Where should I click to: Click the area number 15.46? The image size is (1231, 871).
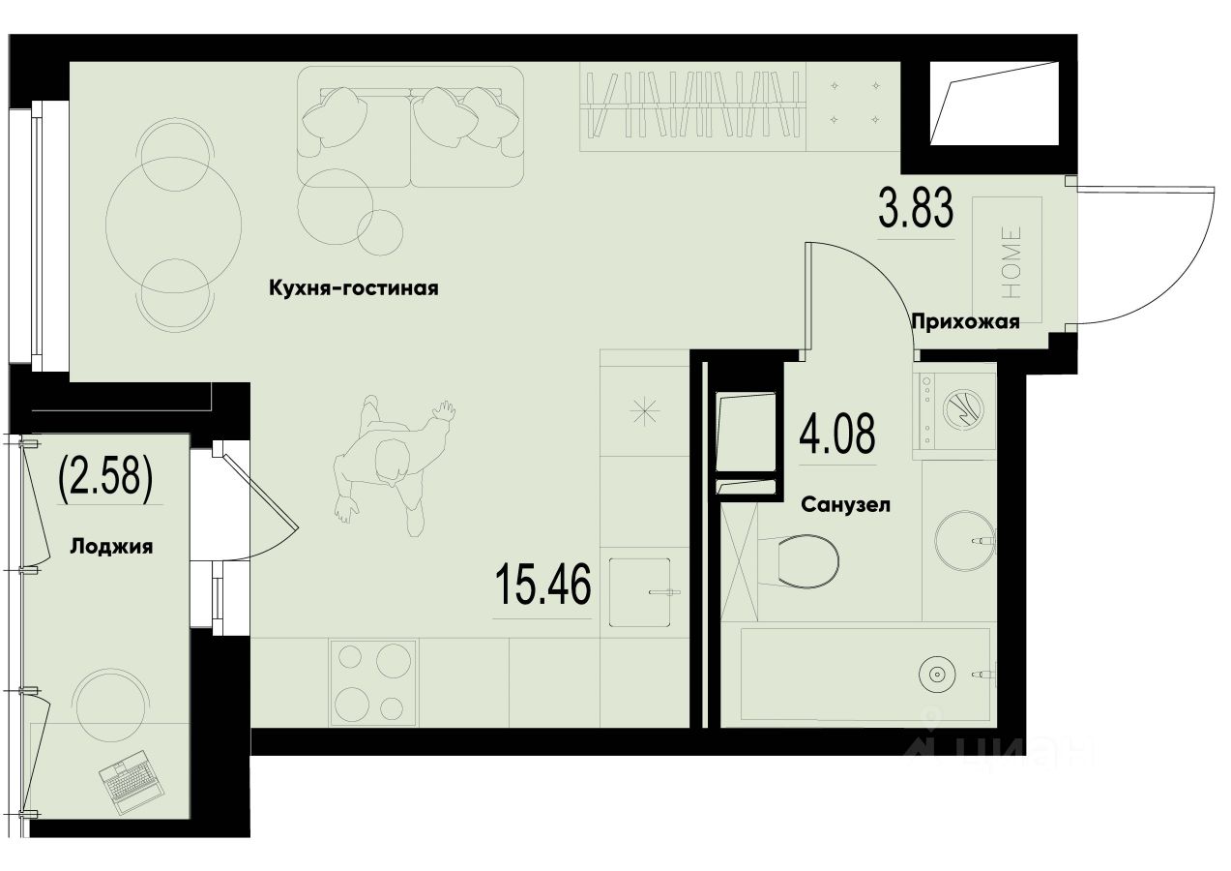[542, 585]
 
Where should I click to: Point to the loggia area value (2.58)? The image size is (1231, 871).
[105, 476]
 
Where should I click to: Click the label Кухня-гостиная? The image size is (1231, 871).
[353, 288]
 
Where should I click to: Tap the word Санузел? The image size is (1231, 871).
[844, 504]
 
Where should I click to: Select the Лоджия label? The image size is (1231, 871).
[111, 546]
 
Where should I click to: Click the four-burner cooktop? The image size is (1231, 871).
[373, 680]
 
